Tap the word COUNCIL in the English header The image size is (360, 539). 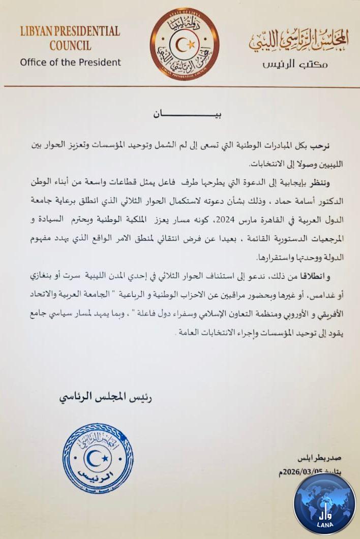pyautogui.click(x=70, y=46)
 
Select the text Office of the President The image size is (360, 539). pyautogui.click(x=70, y=62)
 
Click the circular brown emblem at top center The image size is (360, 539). pyautogui.click(x=184, y=43)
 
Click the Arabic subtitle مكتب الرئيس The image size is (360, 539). pyautogui.click(x=295, y=65)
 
